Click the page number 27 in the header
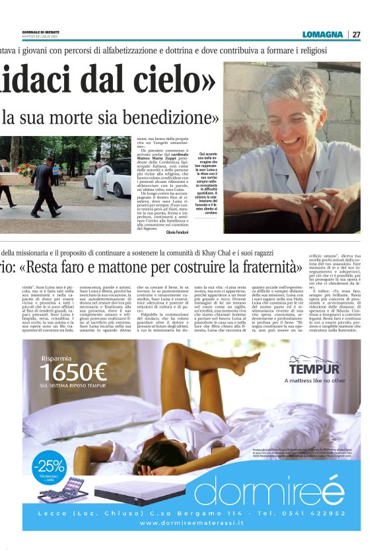coord(357,34)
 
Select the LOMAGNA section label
coord(322,34)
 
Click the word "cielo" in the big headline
coord(173,81)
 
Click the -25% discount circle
coord(48,464)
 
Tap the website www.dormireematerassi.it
coord(191,523)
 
